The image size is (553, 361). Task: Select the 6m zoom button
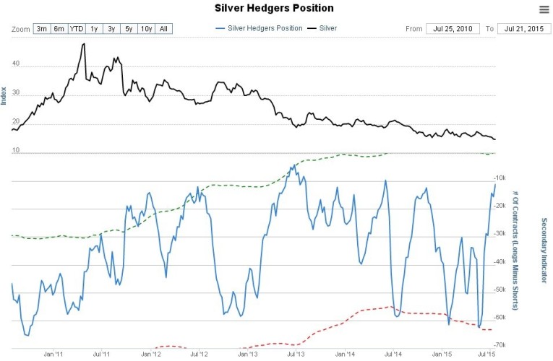coord(59,29)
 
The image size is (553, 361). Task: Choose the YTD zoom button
coord(77,29)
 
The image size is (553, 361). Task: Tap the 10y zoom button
coord(147,29)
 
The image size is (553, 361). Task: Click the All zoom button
coord(164,29)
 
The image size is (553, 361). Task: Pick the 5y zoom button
coord(129,29)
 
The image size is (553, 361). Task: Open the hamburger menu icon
coord(544,9)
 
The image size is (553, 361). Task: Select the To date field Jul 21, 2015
coord(523,29)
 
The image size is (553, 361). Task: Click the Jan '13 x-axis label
coord(247,355)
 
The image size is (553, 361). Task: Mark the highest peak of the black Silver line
coord(84,44)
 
